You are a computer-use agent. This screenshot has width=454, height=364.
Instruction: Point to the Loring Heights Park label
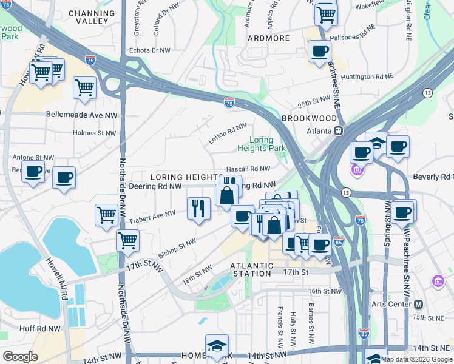(x=262, y=144)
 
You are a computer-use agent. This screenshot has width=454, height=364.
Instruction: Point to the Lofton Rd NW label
(x=227, y=130)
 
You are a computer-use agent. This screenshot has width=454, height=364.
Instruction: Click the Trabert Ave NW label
(x=152, y=215)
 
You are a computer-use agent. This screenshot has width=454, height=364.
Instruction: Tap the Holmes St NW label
(x=93, y=132)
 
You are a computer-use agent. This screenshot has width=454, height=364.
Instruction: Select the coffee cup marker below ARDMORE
(x=319, y=51)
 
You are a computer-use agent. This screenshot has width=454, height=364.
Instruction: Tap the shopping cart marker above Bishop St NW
(x=127, y=240)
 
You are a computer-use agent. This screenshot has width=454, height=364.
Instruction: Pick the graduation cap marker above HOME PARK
(x=217, y=345)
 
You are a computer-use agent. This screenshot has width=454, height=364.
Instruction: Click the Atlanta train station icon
(x=340, y=131)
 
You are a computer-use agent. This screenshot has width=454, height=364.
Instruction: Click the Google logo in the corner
(x=20, y=357)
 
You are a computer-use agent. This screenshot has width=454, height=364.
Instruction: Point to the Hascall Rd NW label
(x=248, y=169)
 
